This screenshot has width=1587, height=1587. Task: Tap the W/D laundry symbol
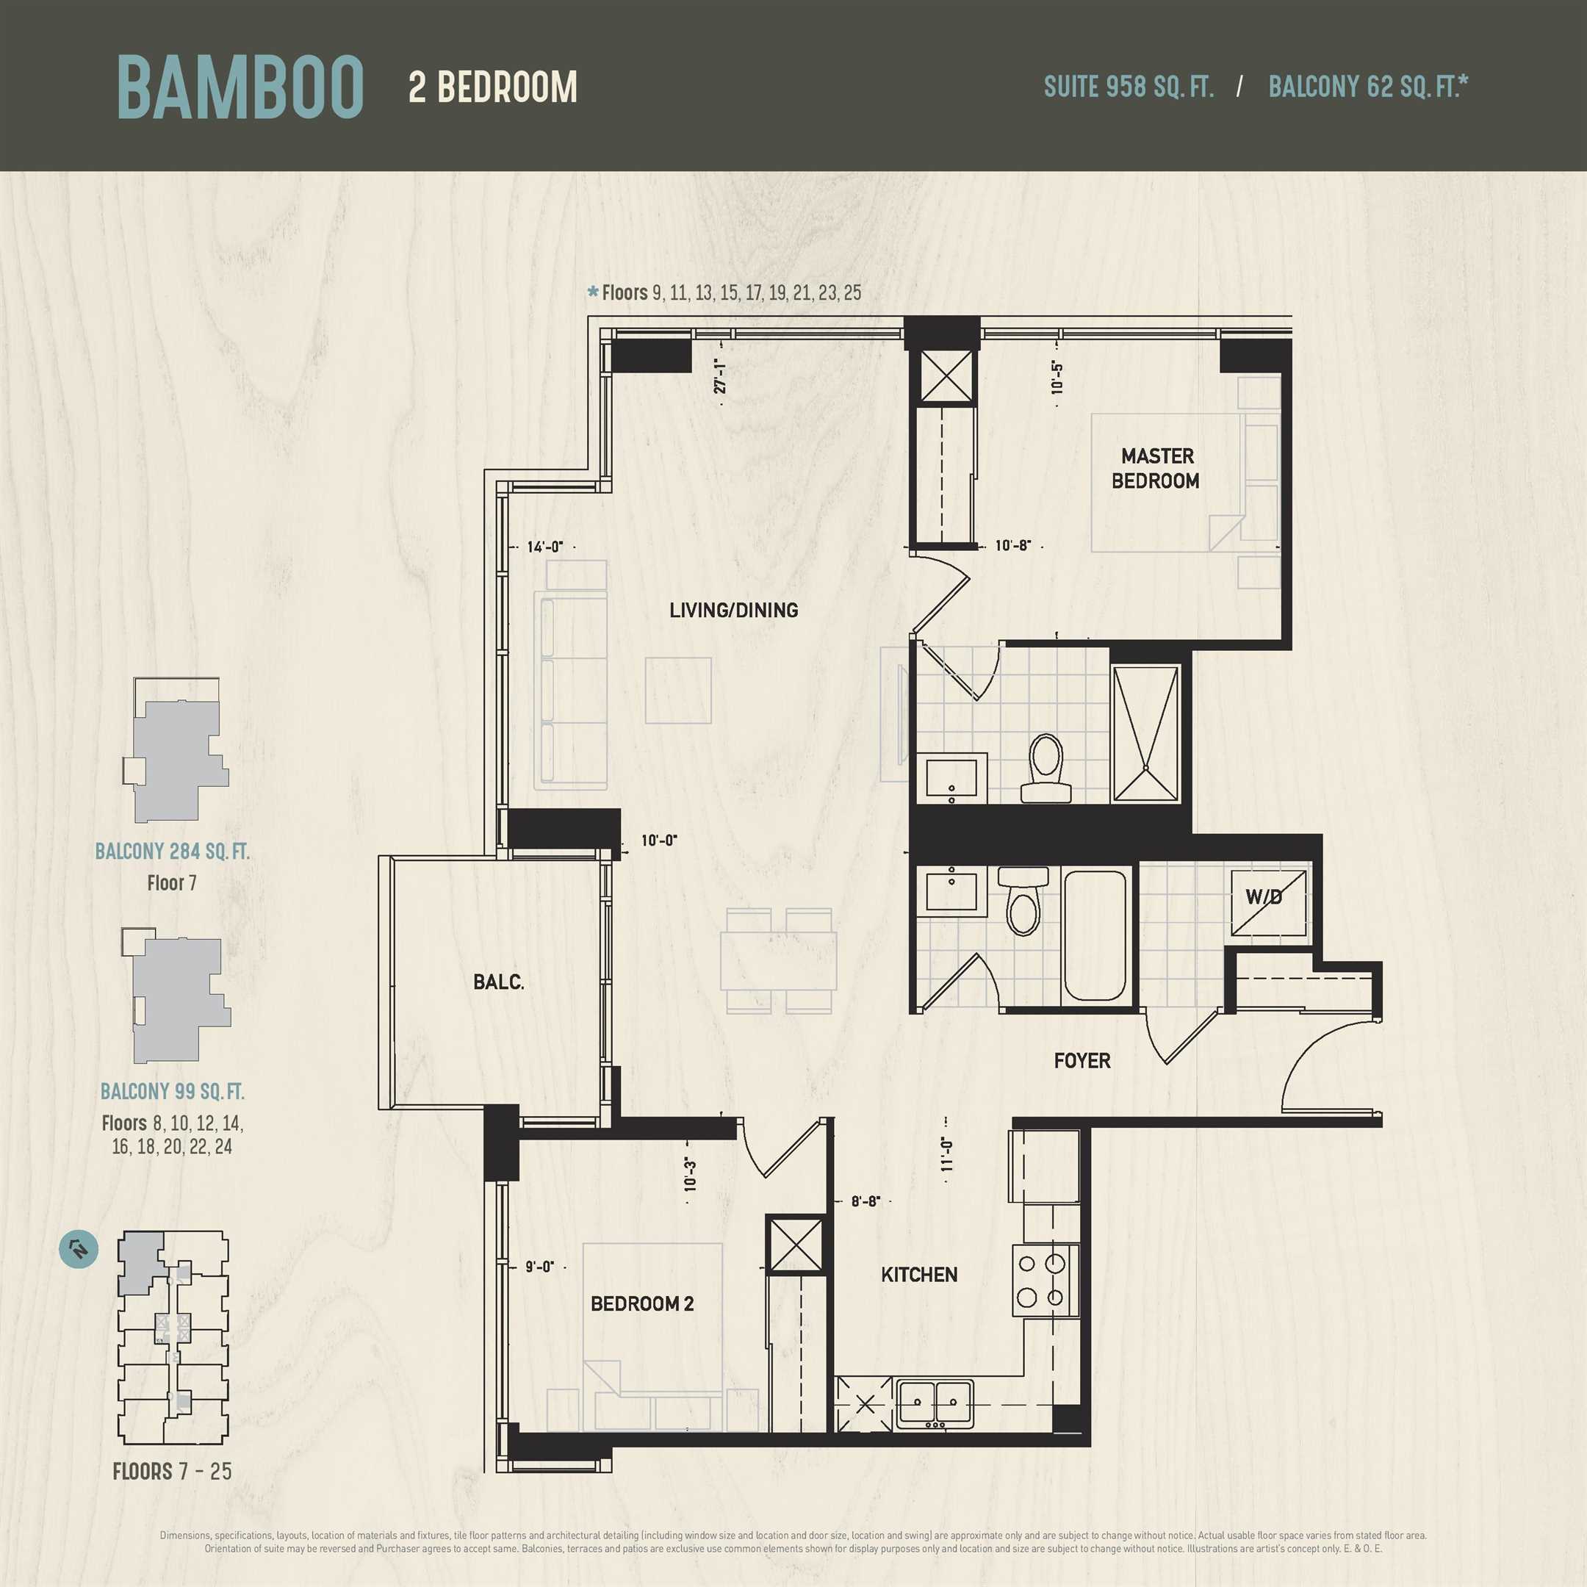click(1268, 902)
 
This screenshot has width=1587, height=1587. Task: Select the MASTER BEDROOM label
click(1156, 468)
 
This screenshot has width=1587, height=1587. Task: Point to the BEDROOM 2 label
click(642, 1303)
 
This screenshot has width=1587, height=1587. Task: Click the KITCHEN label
click(919, 1275)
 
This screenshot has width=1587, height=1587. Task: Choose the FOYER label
click(1082, 1060)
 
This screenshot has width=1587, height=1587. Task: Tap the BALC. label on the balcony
click(499, 982)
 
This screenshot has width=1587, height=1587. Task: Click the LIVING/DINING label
click(733, 611)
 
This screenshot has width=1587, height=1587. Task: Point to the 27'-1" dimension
click(720, 375)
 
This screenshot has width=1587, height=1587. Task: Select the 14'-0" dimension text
click(545, 546)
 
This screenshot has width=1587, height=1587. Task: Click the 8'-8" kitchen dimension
click(865, 1201)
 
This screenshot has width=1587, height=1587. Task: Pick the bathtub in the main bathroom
click(1095, 935)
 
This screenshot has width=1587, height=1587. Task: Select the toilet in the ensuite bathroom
click(1046, 767)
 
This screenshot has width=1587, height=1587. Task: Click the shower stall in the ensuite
click(1145, 733)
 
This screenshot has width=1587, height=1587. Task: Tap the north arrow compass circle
click(79, 1249)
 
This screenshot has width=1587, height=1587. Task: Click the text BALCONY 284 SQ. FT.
click(173, 851)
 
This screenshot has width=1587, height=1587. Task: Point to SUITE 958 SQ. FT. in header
click(1129, 86)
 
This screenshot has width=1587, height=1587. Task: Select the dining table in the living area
click(779, 960)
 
